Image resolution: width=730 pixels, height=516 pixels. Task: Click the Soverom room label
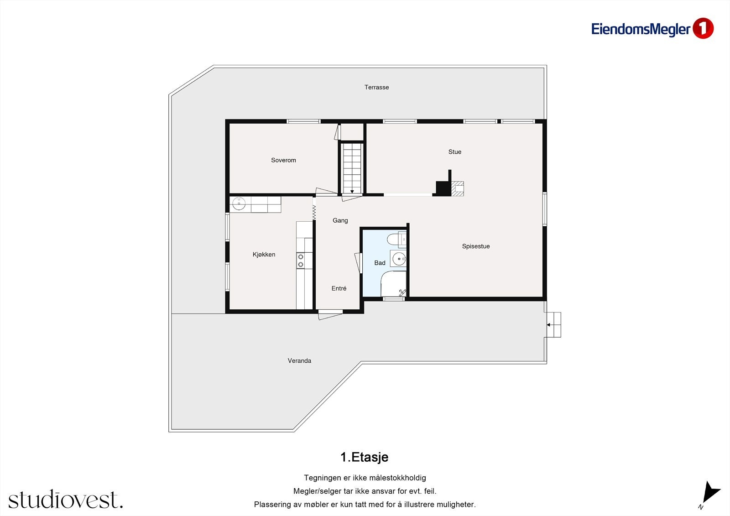coord(283,160)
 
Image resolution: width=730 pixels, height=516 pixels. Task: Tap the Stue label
coord(454,152)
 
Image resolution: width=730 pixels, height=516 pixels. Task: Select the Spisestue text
coord(475,246)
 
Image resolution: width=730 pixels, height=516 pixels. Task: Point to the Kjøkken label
coord(264,255)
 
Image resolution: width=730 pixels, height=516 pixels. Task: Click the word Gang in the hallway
coord(340,220)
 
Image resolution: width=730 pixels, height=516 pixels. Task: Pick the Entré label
coord(339,288)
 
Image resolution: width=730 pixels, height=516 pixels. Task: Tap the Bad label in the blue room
coord(380,263)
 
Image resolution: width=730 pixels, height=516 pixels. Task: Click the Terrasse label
coord(376,87)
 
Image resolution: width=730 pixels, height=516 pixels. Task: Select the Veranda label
coord(299,361)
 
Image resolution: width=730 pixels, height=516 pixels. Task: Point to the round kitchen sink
coord(239,204)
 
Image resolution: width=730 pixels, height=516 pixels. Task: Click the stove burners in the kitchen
coord(301,261)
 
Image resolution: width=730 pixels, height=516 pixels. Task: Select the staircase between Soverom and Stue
coord(352,167)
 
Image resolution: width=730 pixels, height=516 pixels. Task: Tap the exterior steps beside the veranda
coord(554,325)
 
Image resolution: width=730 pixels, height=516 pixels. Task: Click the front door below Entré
coord(330,314)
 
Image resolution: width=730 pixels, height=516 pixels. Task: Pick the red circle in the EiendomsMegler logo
coord(703,28)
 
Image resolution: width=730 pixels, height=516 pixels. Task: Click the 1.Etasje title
coord(364,457)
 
